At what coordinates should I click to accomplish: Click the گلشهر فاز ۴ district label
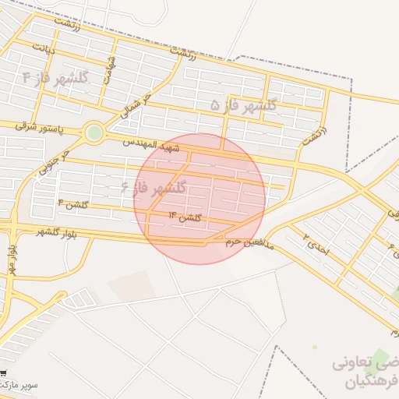[x=56, y=78]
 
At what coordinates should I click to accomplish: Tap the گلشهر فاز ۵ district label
[x=244, y=104]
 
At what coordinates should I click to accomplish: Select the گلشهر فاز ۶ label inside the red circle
[x=154, y=188]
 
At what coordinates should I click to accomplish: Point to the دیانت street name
[x=44, y=48]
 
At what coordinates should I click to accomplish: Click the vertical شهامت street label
[x=111, y=65]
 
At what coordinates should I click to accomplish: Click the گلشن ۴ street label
[x=72, y=204]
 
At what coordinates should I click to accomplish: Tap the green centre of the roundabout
[x=94, y=133]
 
